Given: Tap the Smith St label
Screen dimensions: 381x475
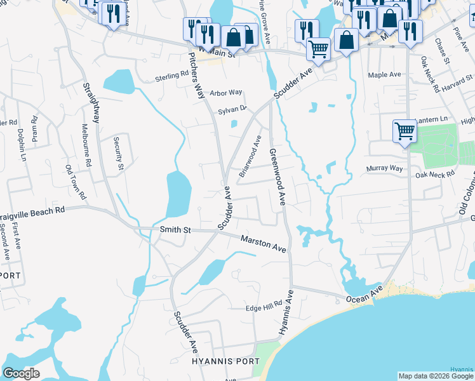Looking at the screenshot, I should pyautogui.click(x=175, y=230).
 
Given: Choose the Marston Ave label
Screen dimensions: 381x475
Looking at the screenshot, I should pyautogui.click(x=263, y=243).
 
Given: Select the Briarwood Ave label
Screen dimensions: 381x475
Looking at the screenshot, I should pyautogui.click(x=250, y=156).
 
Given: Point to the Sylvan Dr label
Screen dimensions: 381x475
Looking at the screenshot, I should pyautogui.click(x=232, y=110).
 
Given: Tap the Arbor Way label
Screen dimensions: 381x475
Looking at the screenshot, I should pyautogui.click(x=226, y=93).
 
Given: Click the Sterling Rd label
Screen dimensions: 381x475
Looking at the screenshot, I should pyautogui.click(x=173, y=77).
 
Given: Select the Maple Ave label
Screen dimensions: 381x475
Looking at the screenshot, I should pyautogui.click(x=385, y=74).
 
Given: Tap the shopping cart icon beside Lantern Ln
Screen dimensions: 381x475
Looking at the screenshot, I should pyautogui.click(x=404, y=131).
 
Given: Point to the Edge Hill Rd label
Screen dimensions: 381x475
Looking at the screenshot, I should pyautogui.click(x=263, y=307).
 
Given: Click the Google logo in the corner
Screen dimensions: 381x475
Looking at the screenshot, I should pyautogui.click(x=21, y=373).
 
